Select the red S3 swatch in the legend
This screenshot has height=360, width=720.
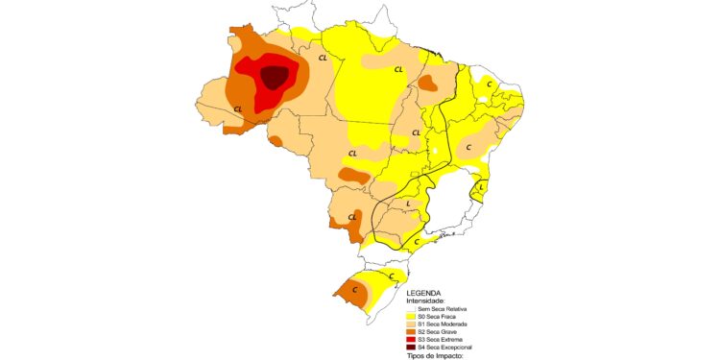point(410,339)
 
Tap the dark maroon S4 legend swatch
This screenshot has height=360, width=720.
point(410,347)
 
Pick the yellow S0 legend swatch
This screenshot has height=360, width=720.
point(410,316)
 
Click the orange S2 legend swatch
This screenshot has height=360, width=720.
point(410,331)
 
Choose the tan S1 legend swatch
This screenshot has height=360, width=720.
point(410,324)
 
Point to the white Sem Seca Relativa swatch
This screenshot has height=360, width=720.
point(410,308)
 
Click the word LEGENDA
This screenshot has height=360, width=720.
point(423,293)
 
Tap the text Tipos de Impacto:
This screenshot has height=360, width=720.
point(435,355)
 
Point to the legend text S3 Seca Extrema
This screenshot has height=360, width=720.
point(441,339)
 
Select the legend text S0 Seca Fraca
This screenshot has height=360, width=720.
point(438,316)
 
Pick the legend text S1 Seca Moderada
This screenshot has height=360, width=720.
point(443,324)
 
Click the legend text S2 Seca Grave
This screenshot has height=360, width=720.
point(438,331)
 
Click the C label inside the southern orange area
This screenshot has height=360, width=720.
point(354,289)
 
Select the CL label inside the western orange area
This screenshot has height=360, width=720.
point(238,109)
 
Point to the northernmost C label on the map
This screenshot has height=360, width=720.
point(490,84)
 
